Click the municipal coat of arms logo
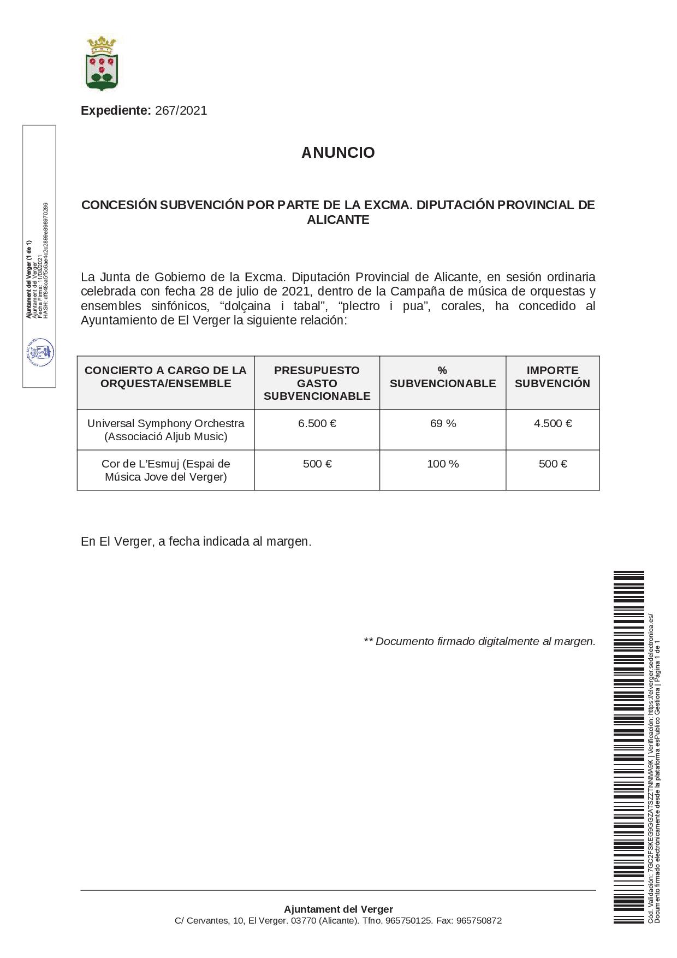102,63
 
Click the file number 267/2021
181,110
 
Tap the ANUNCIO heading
338,152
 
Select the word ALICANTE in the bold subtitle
338,220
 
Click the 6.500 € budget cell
317,423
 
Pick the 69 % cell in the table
443,423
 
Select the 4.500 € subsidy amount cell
553,423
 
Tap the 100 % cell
443,464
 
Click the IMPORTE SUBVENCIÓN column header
553,377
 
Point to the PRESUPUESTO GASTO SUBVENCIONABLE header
317,383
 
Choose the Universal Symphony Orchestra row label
165,430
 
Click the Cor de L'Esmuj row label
165,470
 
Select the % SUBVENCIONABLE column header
443,377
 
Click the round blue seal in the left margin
39,352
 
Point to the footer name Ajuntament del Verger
338,909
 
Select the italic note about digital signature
479,641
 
